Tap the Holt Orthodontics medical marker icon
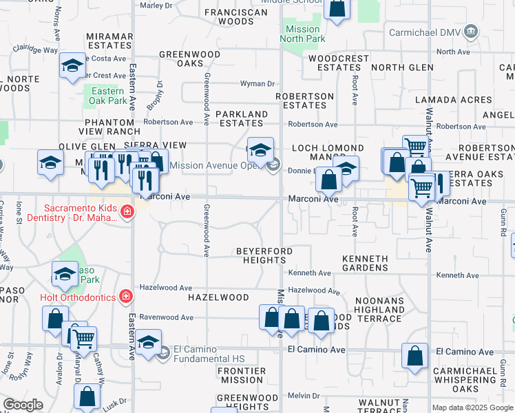tap(126, 297)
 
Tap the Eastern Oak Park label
tap(107, 96)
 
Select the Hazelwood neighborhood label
tap(218, 297)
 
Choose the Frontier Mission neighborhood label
tap(241, 375)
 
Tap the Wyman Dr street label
tap(257, 84)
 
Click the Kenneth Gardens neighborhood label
tap(366, 263)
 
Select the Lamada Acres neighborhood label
tap(454, 100)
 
